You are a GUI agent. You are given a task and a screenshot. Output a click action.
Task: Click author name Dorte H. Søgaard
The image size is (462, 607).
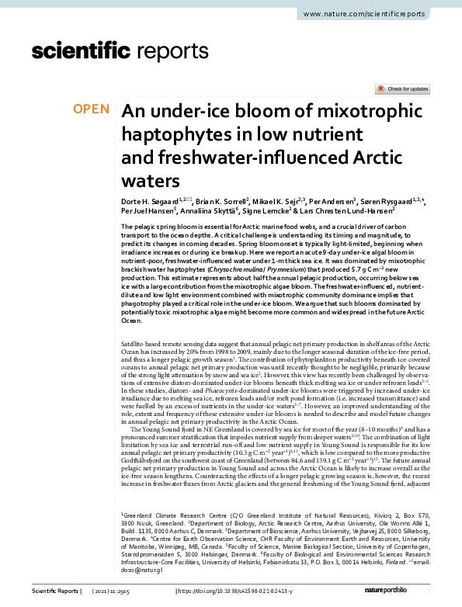click(x=151, y=201)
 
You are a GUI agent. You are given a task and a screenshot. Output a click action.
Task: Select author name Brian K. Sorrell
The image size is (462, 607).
click(x=221, y=201)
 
